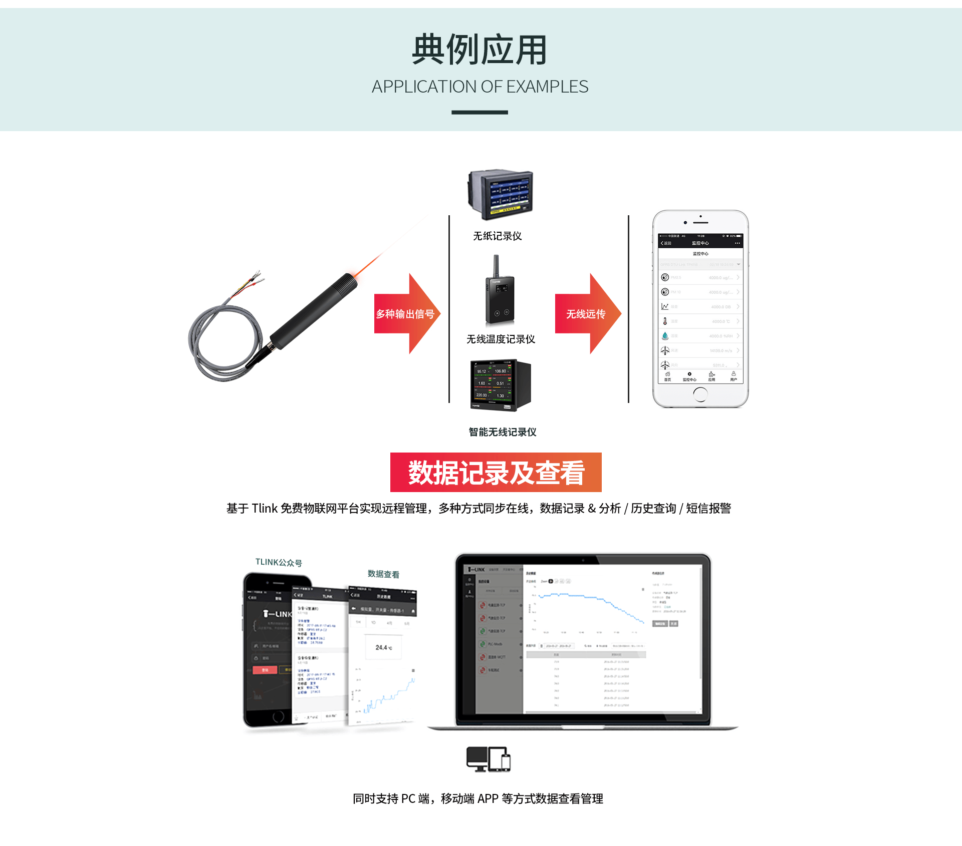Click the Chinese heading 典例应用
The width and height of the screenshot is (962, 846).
479,50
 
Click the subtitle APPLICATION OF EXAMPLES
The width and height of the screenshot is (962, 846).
479,87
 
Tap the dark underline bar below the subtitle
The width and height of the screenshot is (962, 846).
479,113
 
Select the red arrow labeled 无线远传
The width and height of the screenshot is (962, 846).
587,314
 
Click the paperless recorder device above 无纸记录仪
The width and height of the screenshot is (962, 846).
500,194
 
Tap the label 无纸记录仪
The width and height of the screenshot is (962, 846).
497,236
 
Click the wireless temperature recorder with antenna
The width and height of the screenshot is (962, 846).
500,295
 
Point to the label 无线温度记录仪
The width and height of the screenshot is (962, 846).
501,339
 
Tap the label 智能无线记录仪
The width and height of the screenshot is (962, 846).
502,432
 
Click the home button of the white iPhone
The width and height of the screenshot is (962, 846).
700,394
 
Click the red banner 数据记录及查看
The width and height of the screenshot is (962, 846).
496,473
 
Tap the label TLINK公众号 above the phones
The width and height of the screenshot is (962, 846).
279,563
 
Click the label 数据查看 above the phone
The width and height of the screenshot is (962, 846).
383,574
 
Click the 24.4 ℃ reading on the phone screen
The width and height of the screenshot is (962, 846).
383,648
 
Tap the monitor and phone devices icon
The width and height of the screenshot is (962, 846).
488,759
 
